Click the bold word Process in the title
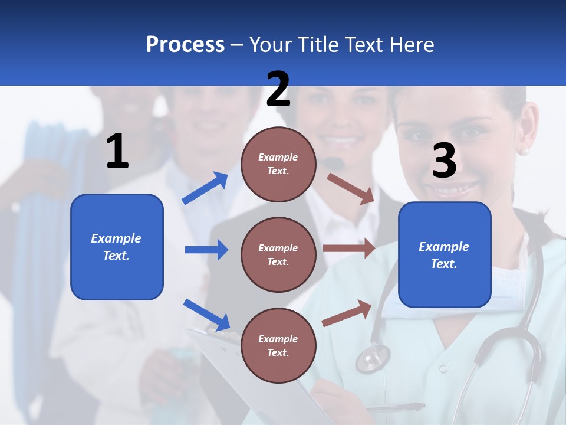pyautogui.click(x=185, y=44)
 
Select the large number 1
pyautogui.click(x=117, y=152)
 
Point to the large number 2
pyautogui.click(x=278, y=89)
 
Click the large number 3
pyautogui.click(x=444, y=161)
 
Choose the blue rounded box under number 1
pyautogui.click(x=117, y=247)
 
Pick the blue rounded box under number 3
pyautogui.click(x=445, y=254)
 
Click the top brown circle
pyautogui.click(x=278, y=164)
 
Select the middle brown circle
pyautogui.click(x=278, y=254)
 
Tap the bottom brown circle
pyautogui.click(x=278, y=345)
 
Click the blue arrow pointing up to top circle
pyautogui.click(x=205, y=188)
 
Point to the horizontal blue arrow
pyautogui.click(x=206, y=250)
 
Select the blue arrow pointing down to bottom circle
pyautogui.click(x=206, y=314)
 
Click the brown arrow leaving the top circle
pyautogui.click(x=351, y=188)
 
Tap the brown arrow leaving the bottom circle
pyautogui.click(x=347, y=313)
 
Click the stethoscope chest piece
pyautogui.click(x=373, y=358)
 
